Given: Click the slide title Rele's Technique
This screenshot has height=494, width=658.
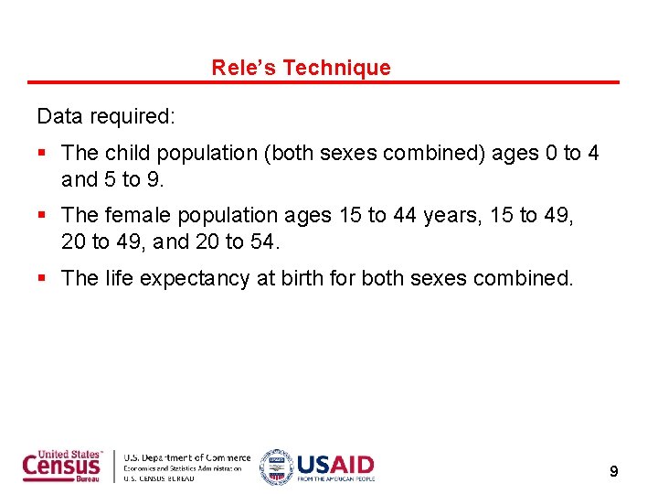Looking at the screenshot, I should pyautogui.click(x=301, y=68).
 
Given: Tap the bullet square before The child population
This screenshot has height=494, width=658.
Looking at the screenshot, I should pyautogui.click(x=42, y=154).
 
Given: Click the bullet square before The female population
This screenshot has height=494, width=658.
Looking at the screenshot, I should pyautogui.click(x=42, y=216).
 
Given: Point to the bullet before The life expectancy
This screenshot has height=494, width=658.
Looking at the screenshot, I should pyautogui.click(x=42, y=278).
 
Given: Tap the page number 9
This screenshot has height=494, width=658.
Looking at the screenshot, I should pyautogui.click(x=613, y=471).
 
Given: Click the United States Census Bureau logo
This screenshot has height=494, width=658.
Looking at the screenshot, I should pyautogui.click(x=63, y=467).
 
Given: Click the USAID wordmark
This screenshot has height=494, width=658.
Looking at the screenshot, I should pyautogui.click(x=334, y=464).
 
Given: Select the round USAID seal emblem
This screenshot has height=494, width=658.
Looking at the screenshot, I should pyautogui.click(x=275, y=467).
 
